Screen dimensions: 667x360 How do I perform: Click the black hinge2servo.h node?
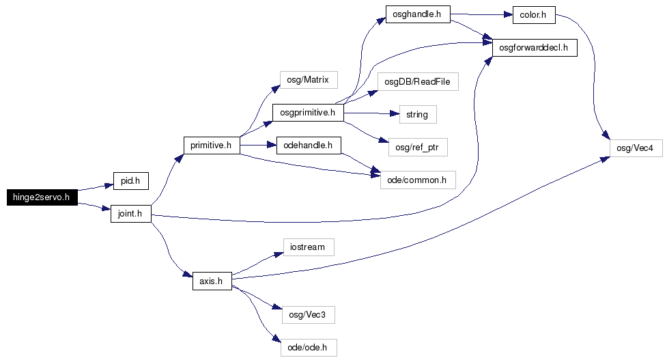coord(42,197)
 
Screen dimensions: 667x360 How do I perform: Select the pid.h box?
coord(130,181)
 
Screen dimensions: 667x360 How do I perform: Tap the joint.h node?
coord(130,214)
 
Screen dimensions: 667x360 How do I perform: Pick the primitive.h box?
coord(212,146)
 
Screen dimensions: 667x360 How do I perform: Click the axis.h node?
coord(212,281)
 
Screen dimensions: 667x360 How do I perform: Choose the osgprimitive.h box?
coord(308,113)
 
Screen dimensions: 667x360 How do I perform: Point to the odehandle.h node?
coord(309,146)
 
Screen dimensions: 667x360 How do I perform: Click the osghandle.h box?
coord(418,14)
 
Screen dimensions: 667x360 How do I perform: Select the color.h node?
coord(534,15)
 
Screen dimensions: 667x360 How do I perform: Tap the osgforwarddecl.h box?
coord(535,48)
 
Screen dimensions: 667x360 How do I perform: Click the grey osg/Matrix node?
coord(309,80)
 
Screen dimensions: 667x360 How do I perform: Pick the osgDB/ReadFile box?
coord(418,82)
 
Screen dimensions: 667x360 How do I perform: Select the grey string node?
coord(418,115)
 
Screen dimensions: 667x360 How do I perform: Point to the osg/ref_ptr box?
coord(418,148)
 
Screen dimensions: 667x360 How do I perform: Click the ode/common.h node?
coord(418,180)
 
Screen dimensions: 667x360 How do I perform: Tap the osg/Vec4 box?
coord(636,148)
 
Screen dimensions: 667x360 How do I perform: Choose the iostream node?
coord(309,247)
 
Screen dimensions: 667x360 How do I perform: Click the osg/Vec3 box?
coord(308,315)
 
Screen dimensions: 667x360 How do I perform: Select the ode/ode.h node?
coord(309,348)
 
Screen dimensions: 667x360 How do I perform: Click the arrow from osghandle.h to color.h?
coord(481,14)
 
